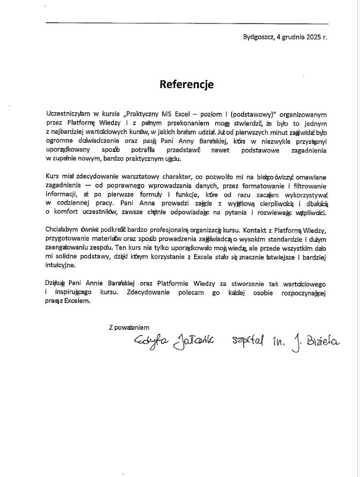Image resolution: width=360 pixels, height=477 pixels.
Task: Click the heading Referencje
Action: (x=186, y=84)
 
